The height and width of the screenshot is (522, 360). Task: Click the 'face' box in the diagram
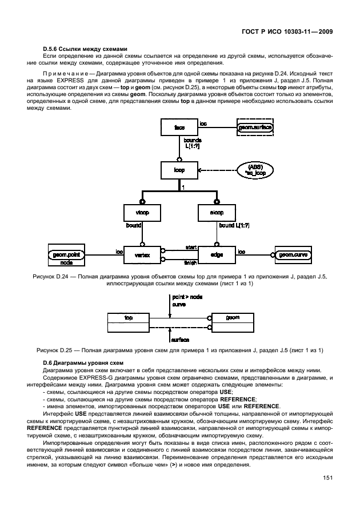[x=178, y=127]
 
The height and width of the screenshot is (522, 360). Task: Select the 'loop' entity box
[x=178, y=170]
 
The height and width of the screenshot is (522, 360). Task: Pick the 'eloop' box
[x=215, y=213]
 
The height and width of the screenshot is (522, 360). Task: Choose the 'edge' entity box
[x=215, y=254]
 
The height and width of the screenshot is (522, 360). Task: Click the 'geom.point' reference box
[x=66, y=254]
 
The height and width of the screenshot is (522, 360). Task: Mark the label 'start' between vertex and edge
[x=190, y=247]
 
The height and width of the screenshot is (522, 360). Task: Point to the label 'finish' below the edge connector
[x=190, y=264]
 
